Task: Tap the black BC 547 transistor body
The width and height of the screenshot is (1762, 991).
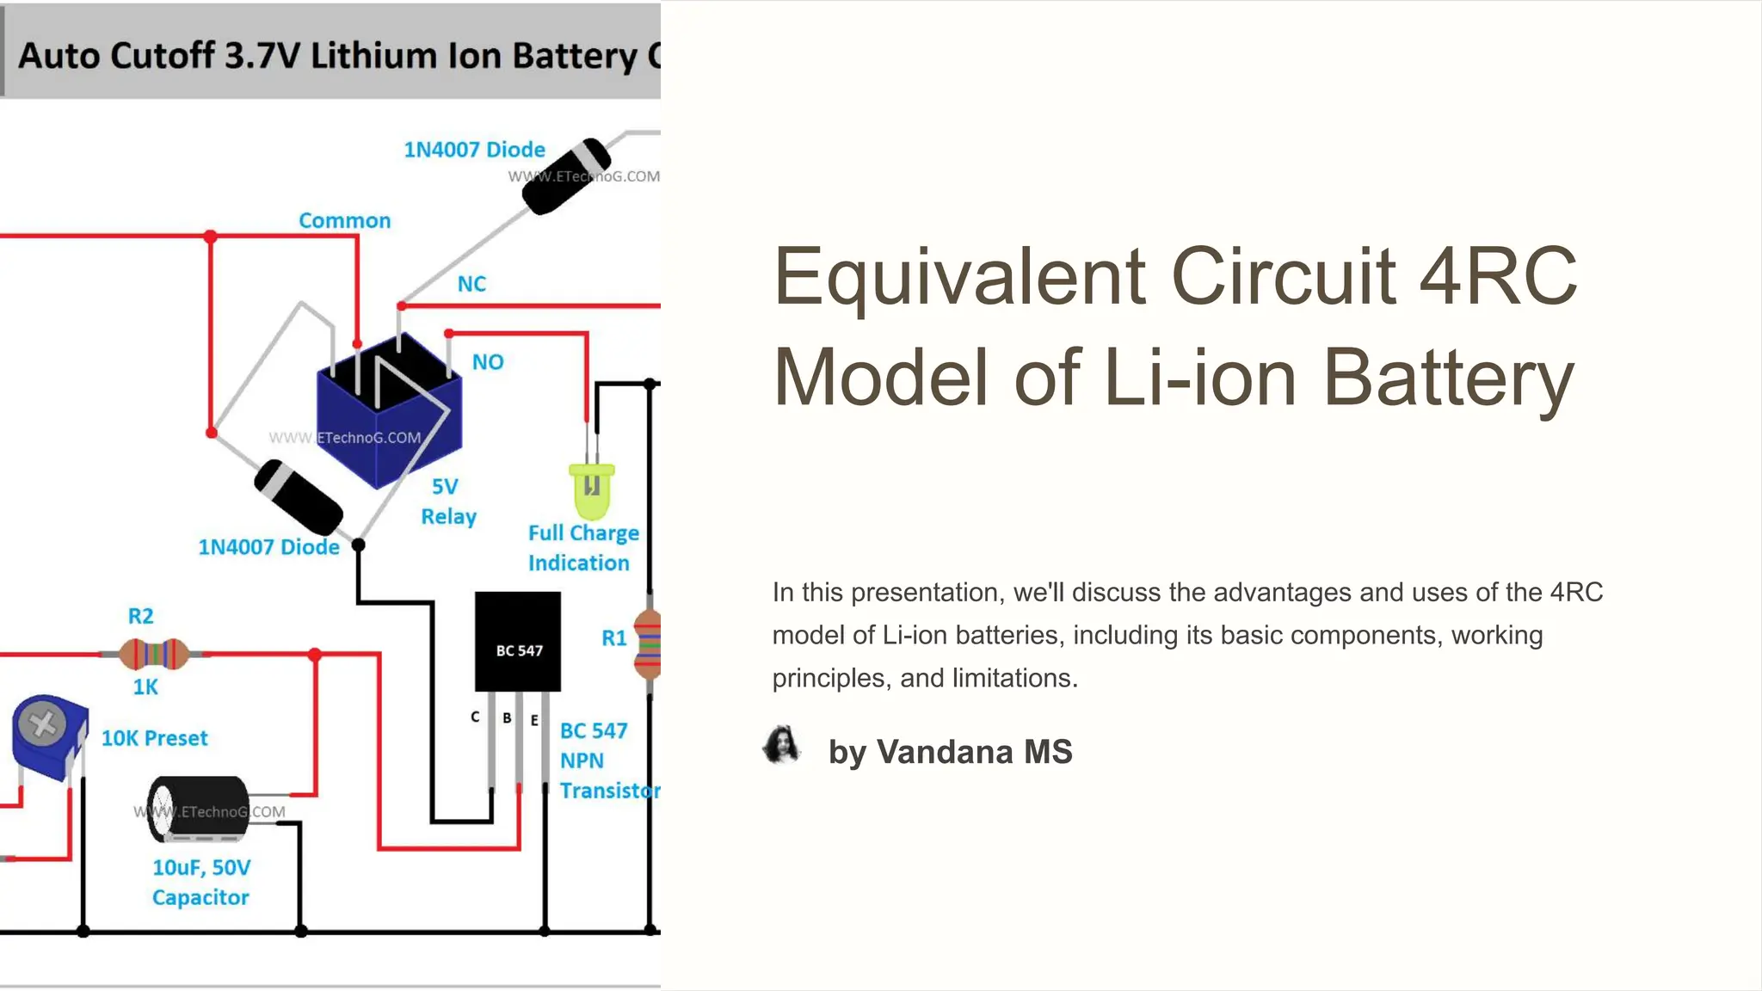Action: click(518, 641)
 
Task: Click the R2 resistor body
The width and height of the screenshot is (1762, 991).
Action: click(154, 655)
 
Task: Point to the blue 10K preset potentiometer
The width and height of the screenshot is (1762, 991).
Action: click(49, 736)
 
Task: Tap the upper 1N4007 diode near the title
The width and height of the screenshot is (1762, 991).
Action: click(566, 175)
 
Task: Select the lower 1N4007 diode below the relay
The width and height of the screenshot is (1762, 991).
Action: click(299, 498)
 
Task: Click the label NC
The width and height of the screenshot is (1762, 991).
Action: click(471, 284)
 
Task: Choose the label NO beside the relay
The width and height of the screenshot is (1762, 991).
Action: click(488, 362)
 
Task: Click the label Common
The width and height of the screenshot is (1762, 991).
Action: click(344, 221)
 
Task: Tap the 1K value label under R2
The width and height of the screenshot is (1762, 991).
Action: click(145, 687)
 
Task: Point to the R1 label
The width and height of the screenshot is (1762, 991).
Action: click(613, 638)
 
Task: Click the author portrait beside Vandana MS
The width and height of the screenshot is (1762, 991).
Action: click(782, 746)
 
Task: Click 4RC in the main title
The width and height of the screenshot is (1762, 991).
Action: click(1498, 276)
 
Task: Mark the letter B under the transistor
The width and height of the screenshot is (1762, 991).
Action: click(508, 717)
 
